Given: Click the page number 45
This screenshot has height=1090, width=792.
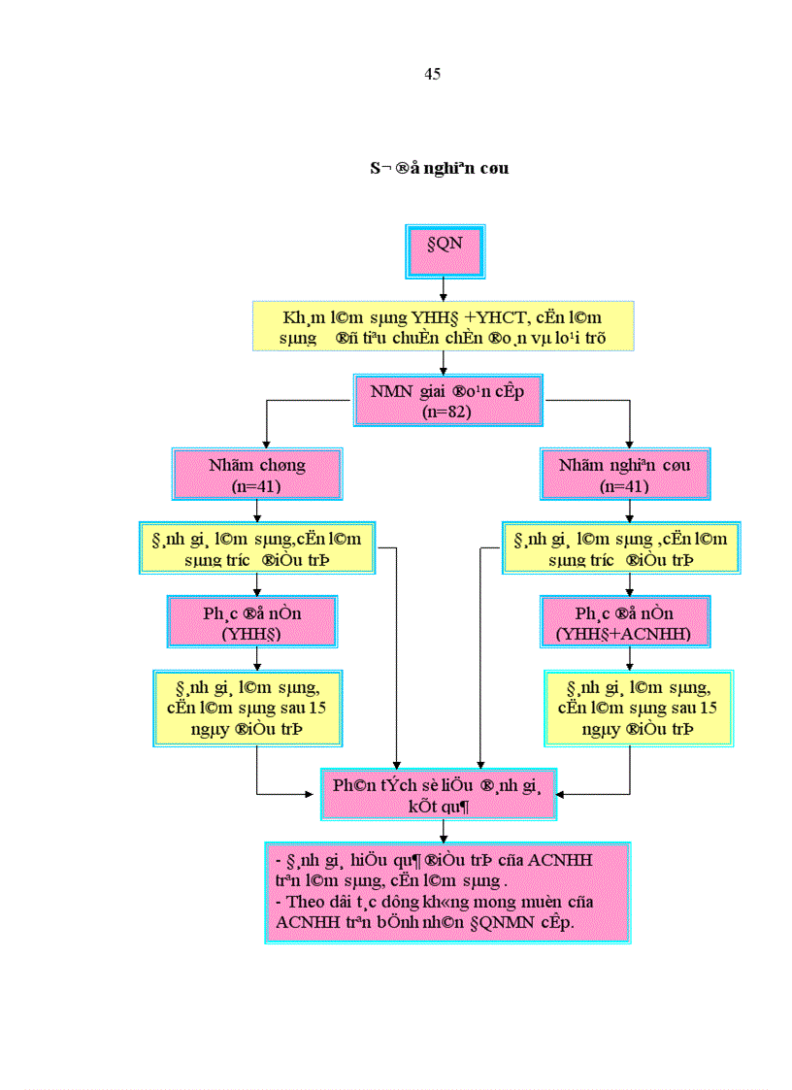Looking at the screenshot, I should click(433, 75).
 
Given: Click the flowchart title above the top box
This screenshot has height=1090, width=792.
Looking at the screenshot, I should click(440, 168).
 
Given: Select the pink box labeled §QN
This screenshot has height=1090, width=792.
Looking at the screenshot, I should click(444, 250).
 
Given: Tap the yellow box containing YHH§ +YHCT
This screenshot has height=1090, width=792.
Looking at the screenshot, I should click(444, 326).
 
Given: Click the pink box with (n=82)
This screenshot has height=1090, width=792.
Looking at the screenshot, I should click(446, 400).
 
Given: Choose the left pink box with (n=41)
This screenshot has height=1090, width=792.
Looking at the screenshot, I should click(257, 475).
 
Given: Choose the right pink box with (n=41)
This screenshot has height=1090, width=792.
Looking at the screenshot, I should click(625, 475).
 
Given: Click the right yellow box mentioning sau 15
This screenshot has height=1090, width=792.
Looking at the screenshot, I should click(638, 708).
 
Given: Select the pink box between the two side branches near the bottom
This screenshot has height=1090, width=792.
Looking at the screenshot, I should click(443, 794).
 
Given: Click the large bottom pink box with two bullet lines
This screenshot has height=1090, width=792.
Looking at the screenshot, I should click(447, 892).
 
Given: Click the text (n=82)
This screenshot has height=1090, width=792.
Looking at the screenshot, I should click(446, 411).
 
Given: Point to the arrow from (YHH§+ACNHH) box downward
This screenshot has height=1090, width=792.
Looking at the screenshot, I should click(631, 659).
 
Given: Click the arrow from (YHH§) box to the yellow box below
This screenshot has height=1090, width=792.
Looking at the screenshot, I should click(256, 659).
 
